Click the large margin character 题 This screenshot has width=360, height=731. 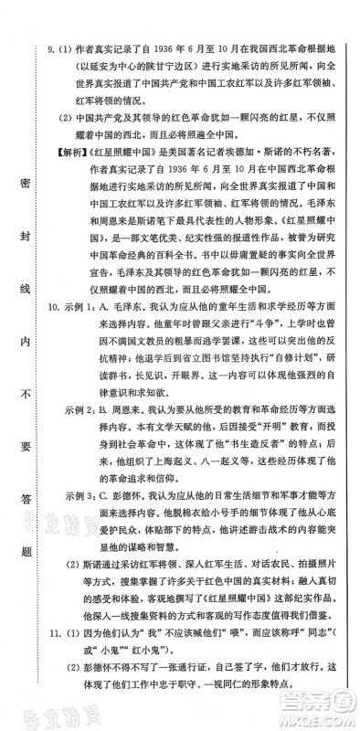point(22,546)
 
